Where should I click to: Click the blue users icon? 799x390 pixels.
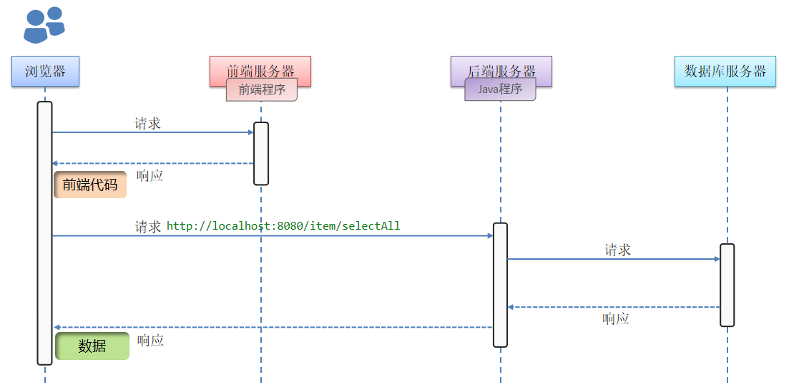[44, 25]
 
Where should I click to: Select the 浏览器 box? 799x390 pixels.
[45, 71]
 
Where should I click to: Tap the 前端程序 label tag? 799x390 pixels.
[262, 90]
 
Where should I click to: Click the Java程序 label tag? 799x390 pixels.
[500, 89]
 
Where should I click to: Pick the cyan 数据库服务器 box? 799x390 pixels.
[725, 71]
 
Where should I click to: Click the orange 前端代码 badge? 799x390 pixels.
[90, 185]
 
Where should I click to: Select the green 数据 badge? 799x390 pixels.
[92, 346]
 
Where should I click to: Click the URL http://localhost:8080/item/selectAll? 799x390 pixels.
[283, 226]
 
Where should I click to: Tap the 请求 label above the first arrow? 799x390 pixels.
[147, 124]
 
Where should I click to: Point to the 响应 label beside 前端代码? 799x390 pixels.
[150, 175]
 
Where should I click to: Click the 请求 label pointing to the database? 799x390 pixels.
[617, 250]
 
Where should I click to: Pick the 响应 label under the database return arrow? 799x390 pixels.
[616, 318]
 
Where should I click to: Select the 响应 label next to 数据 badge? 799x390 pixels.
[151, 341]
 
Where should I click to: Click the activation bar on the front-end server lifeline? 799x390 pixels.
[261, 153]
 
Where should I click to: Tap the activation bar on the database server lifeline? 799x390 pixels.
[727, 285]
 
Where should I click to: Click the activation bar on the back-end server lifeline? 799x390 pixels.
[500, 285]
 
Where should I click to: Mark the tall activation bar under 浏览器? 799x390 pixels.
[44, 233]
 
